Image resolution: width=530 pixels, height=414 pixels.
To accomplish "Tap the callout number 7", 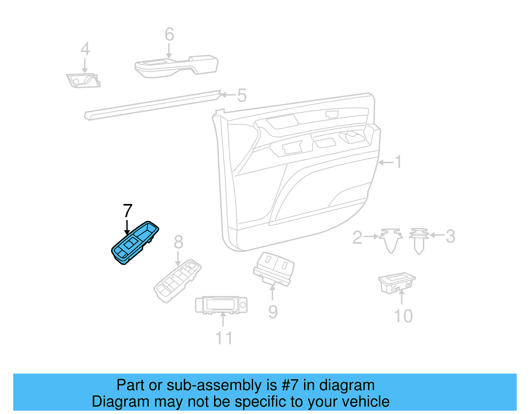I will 128,211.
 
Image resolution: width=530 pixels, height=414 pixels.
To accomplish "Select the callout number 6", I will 169,34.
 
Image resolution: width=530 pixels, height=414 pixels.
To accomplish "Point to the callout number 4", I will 85,49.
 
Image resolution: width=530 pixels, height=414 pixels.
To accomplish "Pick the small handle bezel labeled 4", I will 83,81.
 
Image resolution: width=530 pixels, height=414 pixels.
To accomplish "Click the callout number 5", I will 242,95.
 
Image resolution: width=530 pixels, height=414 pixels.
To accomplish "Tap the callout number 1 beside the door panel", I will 398,162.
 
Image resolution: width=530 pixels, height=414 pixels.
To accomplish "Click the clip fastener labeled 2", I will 391,240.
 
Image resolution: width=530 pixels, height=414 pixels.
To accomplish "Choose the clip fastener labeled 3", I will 419,240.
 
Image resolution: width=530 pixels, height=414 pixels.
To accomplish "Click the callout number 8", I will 178,242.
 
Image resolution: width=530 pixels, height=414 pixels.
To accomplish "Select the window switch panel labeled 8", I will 178,280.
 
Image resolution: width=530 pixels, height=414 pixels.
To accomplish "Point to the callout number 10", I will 403,316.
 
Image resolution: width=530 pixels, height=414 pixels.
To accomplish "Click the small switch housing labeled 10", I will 397,282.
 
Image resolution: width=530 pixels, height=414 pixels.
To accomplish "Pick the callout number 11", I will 224,338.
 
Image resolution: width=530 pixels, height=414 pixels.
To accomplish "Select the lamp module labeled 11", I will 221,305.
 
